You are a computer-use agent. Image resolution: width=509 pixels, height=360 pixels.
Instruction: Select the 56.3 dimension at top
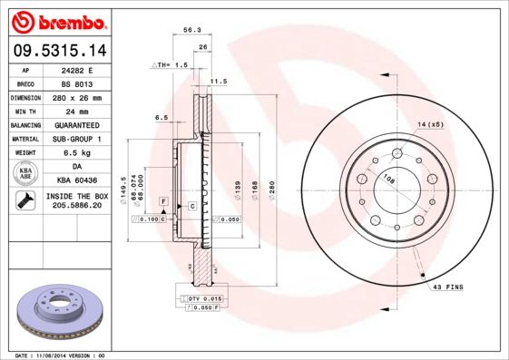point(191,30)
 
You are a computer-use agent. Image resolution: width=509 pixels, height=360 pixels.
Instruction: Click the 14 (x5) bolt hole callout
point(430,123)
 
